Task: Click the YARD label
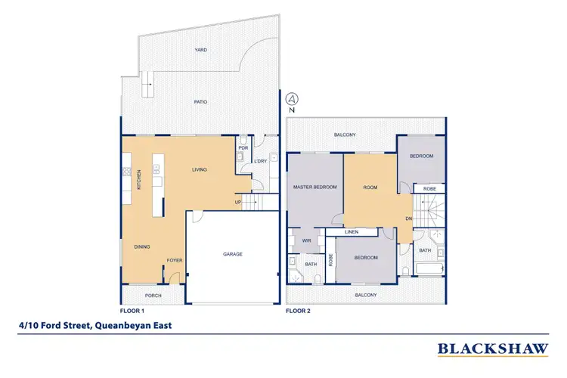coord(200,50)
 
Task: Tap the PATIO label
coord(200,101)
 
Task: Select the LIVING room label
coord(200,169)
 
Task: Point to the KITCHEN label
coord(139,179)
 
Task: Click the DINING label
coord(141,246)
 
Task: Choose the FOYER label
coord(175,261)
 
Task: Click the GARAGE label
coord(233,254)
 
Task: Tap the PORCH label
coord(153,295)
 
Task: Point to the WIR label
coord(307,241)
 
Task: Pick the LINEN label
coord(352,232)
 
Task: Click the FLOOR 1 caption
coord(132,311)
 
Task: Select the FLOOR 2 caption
coord(298,311)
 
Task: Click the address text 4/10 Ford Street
coord(95,327)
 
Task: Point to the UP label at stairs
coord(239,203)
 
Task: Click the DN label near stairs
coord(408,219)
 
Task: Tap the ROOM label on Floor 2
coord(370,187)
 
